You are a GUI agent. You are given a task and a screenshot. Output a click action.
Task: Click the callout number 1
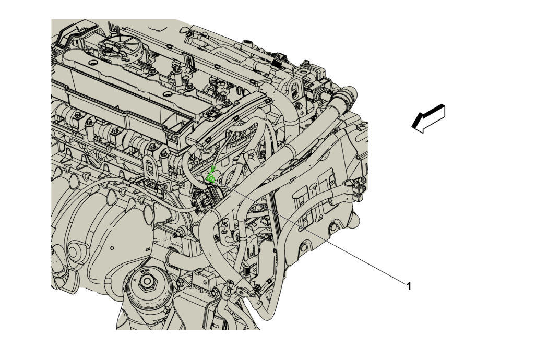tap(408, 286)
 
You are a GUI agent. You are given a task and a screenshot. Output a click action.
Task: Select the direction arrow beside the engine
tap(428, 118)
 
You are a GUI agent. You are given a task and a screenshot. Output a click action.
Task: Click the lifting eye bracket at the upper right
tap(296, 89)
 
